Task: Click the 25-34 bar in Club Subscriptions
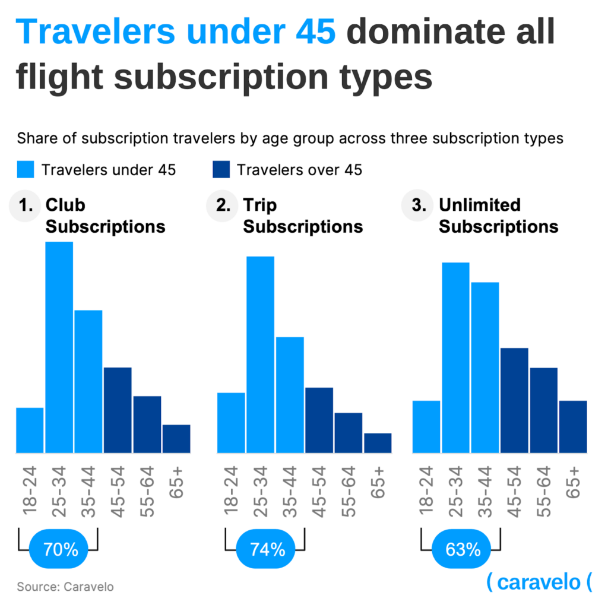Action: click(x=59, y=347)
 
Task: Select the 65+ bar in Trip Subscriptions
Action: click(x=378, y=443)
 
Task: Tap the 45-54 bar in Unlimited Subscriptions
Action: click(x=514, y=400)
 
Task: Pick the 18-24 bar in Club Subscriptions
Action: click(x=30, y=430)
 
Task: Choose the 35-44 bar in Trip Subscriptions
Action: click(x=290, y=395)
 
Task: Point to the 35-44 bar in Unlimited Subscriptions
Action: click(x=485, y=368)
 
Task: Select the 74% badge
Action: click(x=268, y=549)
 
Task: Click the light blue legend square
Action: click(x=26, y=170)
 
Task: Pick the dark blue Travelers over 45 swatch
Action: click(x=221, y=170)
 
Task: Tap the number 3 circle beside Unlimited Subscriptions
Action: click(x=418, y=206)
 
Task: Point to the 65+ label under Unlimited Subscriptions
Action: click(x=574, y=482)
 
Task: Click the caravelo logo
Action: click(x=539, y=582)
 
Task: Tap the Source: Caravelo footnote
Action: click(x=65, y=587)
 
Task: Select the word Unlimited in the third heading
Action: click(x=479, y=205)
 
